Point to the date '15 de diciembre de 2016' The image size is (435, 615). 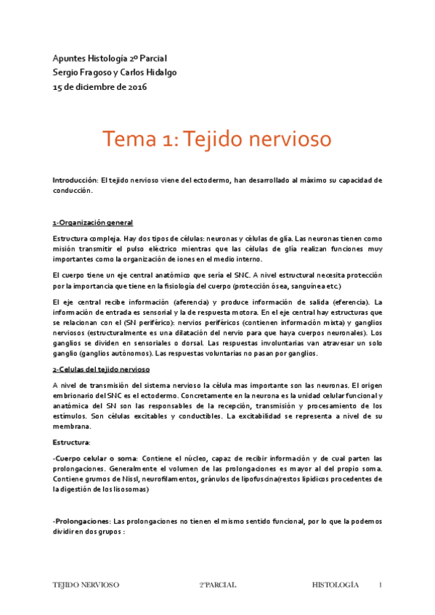(99, 87)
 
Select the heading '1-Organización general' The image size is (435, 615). (92, 222)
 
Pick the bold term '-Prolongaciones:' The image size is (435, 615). (79, 521)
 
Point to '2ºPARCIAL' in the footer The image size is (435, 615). (218, 585)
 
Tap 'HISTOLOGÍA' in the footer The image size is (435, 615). (336, 585)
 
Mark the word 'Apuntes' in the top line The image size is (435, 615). (68, 58)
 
